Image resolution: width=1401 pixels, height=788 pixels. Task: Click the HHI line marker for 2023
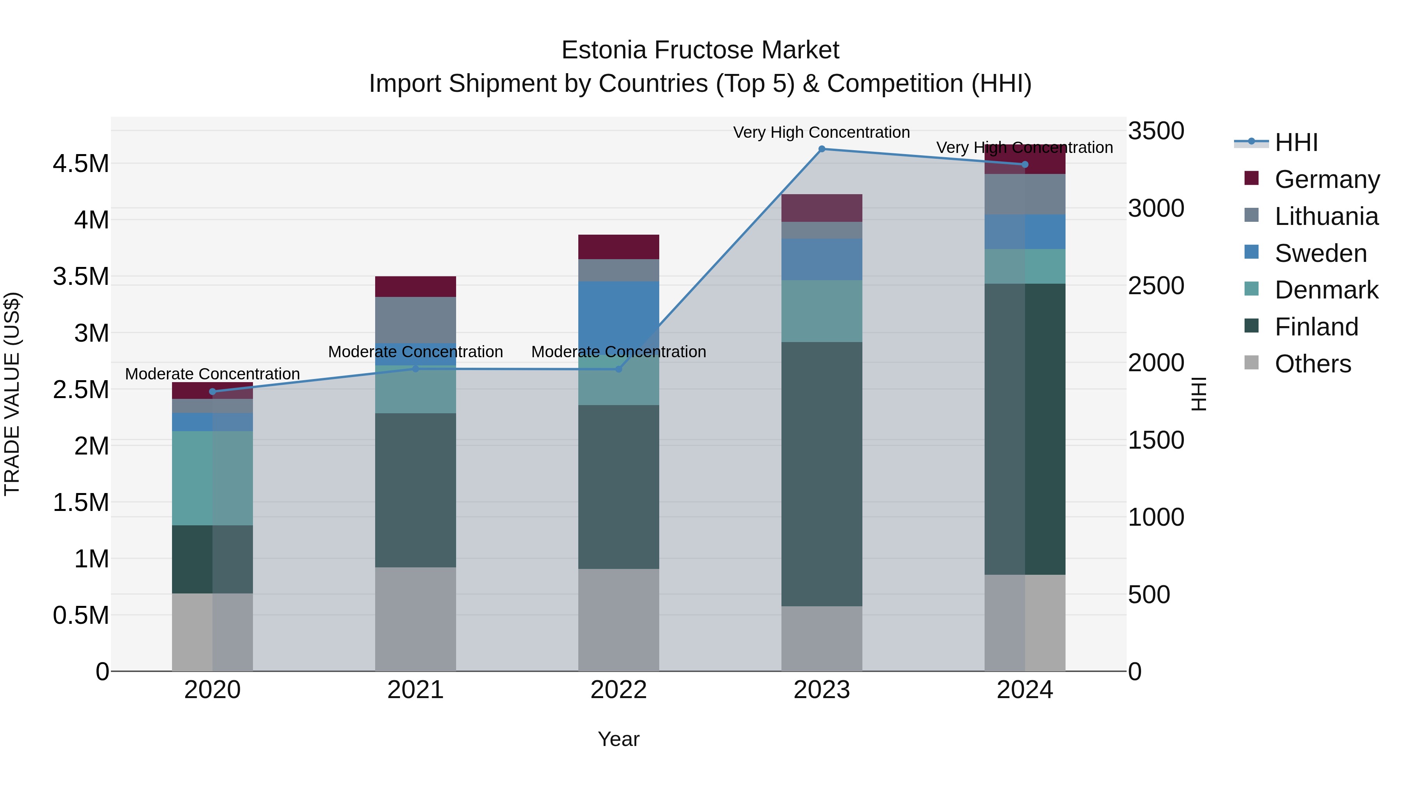pyautogui.click(x=822, y=149)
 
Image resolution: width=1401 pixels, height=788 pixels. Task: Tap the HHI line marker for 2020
pyautogui.click(x=212, y=391)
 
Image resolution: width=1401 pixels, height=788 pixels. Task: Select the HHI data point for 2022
pyautogui.click(x=618, y=369)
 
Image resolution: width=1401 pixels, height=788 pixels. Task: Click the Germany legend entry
pyautogui.click(x=1327, y=179)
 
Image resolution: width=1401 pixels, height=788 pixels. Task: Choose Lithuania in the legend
pyautogui.click(x=1326, y=216)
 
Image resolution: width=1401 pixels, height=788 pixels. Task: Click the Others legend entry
pyautogui.click(x=1312, y=364)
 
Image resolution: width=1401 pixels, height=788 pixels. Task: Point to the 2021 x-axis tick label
pyautogui.click(x=416, y=690)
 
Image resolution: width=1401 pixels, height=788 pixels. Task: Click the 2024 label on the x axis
pyautogui.click(x=1025, y=690)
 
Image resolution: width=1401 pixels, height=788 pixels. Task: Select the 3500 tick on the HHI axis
pyautogui.click(x=1156, y=131)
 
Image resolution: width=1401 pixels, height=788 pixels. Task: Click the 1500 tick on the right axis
pyautogui.click(x=1156, y=440)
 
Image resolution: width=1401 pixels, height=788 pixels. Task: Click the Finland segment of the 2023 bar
pyautogui.click(x=822, y=473)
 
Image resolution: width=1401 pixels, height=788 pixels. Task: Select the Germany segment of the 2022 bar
pyautogui.click(x=618, y=247)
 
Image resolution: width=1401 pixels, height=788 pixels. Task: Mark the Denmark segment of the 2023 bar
pyautogui.click(x=822, y=311)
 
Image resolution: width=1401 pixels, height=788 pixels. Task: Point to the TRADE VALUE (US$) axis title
pyautogui.click(x=12, y=394)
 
